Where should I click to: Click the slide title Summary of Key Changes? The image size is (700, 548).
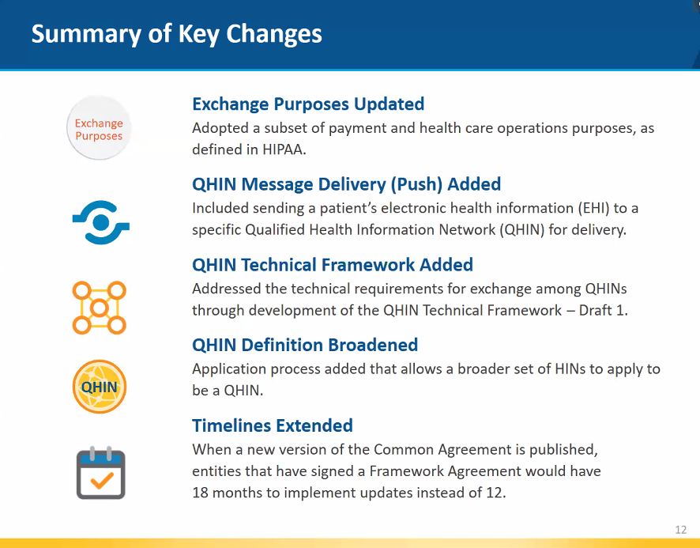click(176, 34)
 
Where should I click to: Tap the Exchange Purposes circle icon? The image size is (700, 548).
click(99, 129)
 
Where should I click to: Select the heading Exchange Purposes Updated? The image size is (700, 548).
click(308, 104)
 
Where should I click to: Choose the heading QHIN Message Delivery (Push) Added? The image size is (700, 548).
click(346, 184)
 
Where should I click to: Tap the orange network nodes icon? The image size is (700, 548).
click(99, 307)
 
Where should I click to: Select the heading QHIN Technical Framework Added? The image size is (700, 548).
click(333, 265)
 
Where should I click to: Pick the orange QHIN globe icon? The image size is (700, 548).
click(100, 387)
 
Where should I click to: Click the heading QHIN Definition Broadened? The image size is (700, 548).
click(305, 345)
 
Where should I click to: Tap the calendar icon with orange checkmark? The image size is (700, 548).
click(100, 473)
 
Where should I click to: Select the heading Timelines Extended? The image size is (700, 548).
click(272, 425)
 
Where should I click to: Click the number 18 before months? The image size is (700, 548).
click(201, 492)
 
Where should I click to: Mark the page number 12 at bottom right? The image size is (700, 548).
click(681, 530)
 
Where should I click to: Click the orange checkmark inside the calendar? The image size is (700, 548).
click(101, 479)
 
